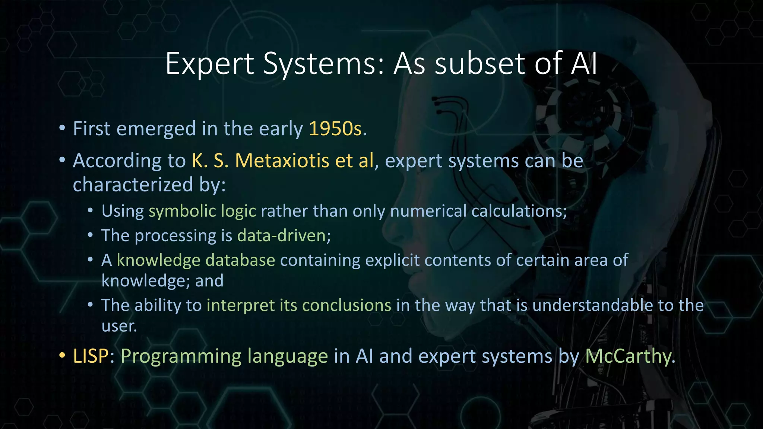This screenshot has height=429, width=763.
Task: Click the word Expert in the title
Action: (210, 64)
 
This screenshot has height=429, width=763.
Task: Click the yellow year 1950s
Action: (335, 129)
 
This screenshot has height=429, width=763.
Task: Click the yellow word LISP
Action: (91, 356)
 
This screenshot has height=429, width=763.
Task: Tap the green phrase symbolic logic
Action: (202, 211)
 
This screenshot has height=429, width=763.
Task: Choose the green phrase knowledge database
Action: (196, 260)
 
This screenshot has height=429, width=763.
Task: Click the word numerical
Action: (428, 211)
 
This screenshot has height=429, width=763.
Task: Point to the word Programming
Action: (181, 356)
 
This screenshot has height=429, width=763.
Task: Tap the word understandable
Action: (592, 305)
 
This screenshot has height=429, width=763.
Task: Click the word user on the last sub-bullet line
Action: (119, 326)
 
